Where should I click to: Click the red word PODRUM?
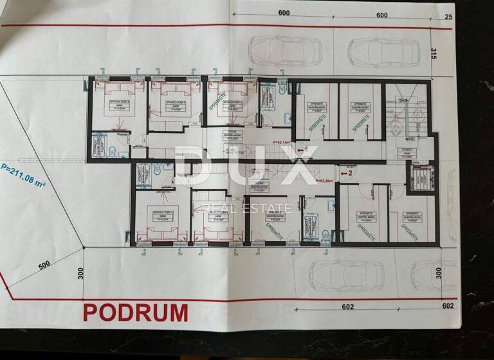pyautogui.click(x=136, y=312)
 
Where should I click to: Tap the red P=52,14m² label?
pyautogui.click(x=282, y=142)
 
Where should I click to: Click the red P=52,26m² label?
pyautogui.click(x=327, y=181)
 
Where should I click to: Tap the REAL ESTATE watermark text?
pyautogui.click(x=247, y=208)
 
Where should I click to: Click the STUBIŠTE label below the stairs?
pyautogui.click(x=407, y=152)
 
